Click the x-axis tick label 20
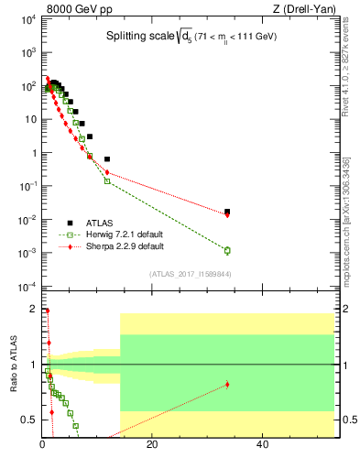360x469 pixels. point(152,446)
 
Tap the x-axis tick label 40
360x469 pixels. point(262,446)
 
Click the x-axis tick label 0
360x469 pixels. point(43,446)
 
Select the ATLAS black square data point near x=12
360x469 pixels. point(107,159)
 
